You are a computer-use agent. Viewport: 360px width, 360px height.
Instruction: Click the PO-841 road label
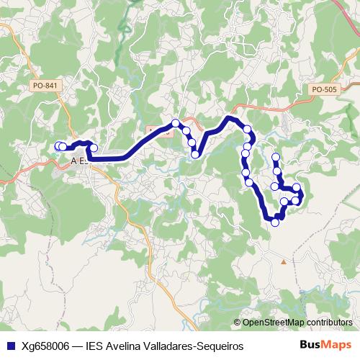click(x=45, y=86)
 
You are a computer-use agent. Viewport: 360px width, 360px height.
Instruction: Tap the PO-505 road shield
click(x=324, y=89)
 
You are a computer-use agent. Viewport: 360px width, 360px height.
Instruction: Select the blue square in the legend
click(x=9, y=346)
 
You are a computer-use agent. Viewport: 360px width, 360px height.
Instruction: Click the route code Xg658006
click(x=42, y=346)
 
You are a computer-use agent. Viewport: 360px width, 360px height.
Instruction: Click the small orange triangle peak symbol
click(x=283, y=262)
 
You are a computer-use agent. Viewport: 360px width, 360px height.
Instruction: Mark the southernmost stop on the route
click(x=274, y=222)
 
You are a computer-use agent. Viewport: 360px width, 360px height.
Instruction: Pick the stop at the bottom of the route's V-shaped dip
click(x=194, y=154)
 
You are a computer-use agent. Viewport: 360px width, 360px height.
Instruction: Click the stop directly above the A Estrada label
click(x=93, y=148)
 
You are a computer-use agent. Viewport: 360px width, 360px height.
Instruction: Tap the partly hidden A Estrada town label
click(x=80, y=161)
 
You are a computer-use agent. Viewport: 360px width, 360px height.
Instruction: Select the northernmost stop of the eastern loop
click(x=275, y=157)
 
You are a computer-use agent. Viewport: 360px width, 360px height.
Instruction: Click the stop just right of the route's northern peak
click(x=247, y=129)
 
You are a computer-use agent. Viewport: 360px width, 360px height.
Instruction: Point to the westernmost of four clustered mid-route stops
click(x=175, y=122)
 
